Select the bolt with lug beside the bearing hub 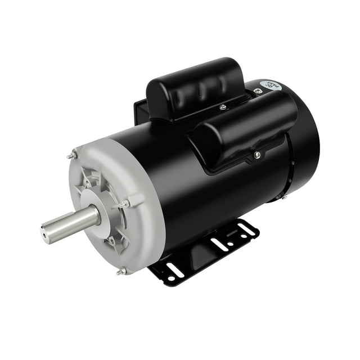pos(125,203)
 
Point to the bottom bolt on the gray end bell pos(121,271)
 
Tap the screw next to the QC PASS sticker pos(258,91)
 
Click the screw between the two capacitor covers pos(223,107)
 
